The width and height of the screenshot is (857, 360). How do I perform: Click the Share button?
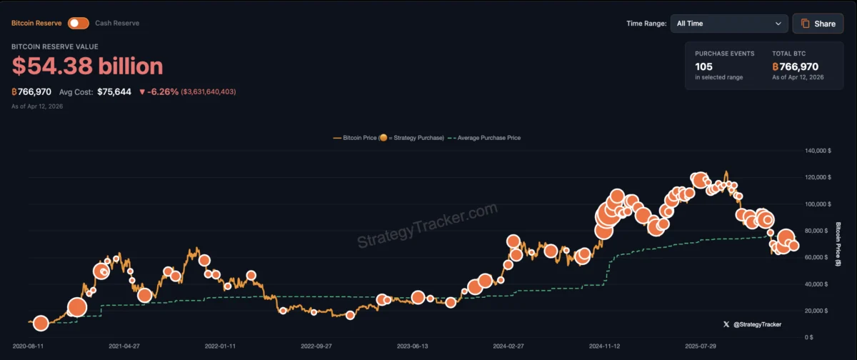tap(818, 24)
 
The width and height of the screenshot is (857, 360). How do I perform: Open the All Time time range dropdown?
tap(728, 24)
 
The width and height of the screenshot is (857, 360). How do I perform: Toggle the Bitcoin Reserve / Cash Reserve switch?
tap(78, 23)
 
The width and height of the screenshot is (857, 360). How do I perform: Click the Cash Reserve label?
tap(117, 23)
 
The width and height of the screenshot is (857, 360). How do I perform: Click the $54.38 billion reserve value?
tap(87, 66)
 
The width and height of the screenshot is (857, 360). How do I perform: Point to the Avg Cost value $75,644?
tap(114, 92)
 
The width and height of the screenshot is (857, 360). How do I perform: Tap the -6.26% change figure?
tap(162, 92)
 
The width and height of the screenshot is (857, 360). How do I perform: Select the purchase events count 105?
tap(703, 66)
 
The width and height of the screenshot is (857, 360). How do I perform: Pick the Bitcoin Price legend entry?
tap(389, 138)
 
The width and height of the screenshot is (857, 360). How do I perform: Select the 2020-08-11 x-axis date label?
tap(27, 346)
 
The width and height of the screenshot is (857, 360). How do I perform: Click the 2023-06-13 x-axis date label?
tap(413, 346)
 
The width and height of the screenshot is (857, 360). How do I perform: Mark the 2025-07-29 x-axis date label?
tap(701, 346)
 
